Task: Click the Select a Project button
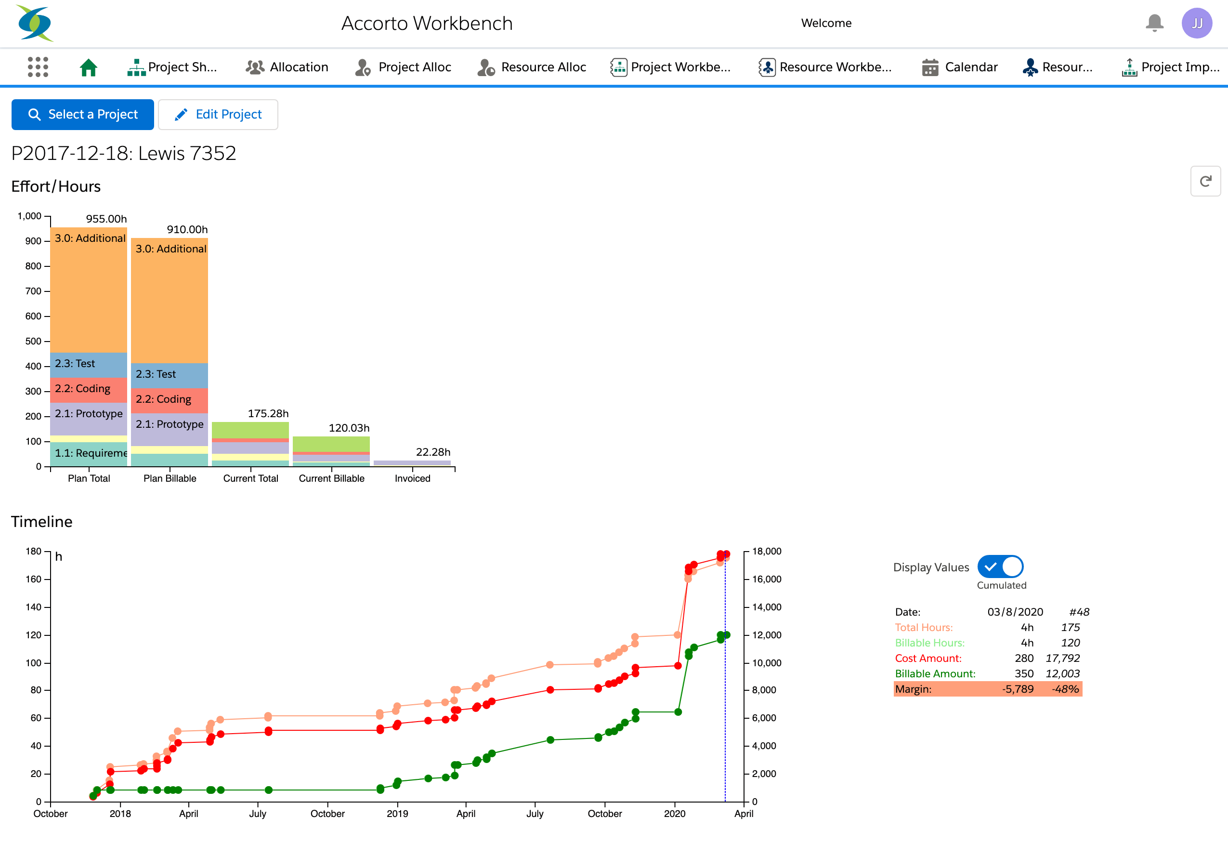82,114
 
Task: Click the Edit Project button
218,114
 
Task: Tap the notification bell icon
1154,23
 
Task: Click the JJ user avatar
1196,23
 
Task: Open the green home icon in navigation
88,67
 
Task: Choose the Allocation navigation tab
287,67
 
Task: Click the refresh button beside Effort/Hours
1205,181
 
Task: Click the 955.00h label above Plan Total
106,219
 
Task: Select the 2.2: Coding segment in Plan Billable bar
169,399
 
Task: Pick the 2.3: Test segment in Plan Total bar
88,364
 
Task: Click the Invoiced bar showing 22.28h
412,463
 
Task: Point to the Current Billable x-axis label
331,478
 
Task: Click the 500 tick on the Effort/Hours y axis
33,342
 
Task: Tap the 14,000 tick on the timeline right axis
766,607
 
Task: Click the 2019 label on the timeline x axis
397,814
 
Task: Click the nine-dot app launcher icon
38,67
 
